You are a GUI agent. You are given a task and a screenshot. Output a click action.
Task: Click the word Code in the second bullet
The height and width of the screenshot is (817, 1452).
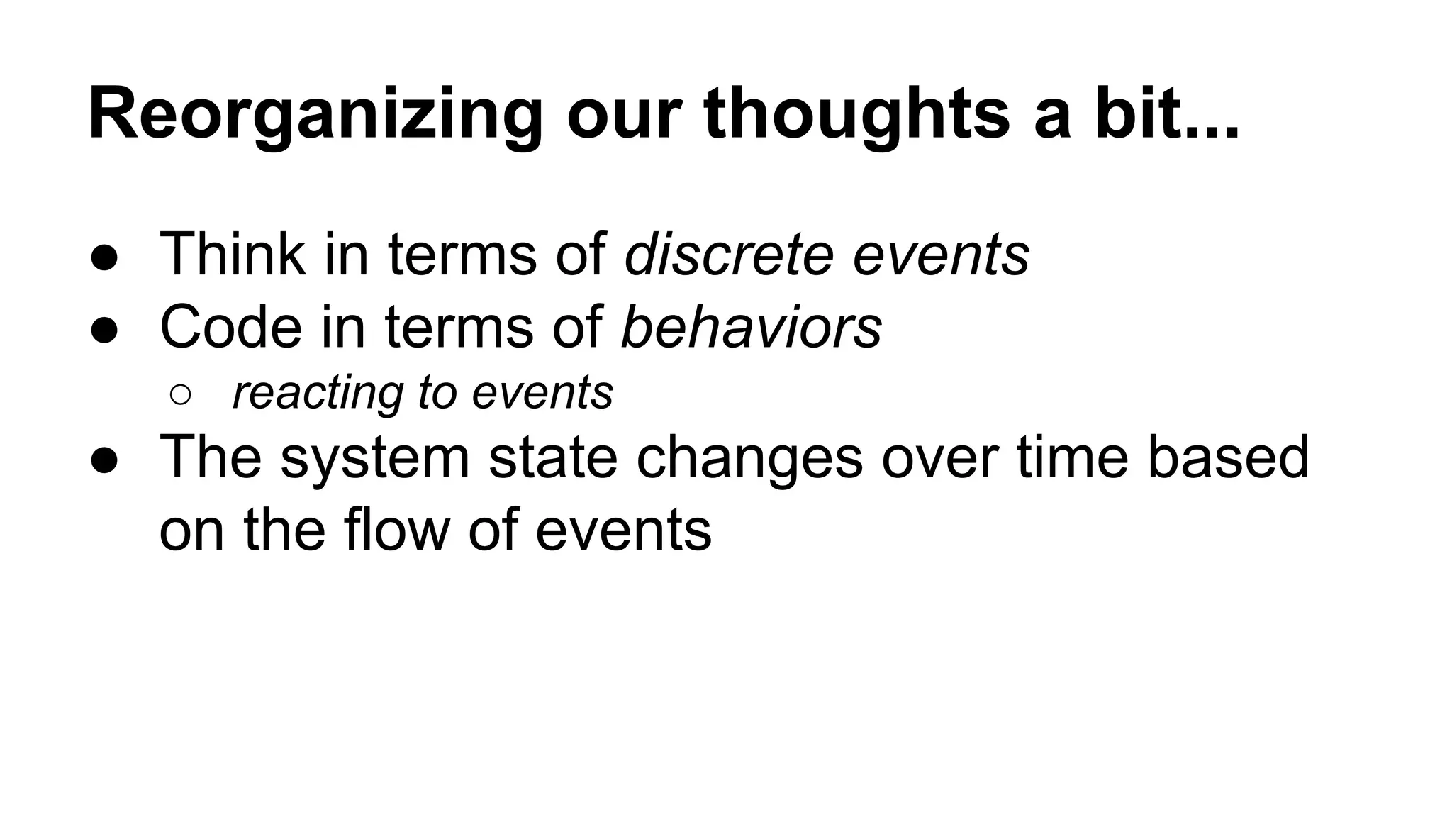230,327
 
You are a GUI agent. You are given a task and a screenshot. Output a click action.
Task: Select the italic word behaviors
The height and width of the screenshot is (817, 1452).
751,327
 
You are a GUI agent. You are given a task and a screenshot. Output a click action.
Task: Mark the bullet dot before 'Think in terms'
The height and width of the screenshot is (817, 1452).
104,259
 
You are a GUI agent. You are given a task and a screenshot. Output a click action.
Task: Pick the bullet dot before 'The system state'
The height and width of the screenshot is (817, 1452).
104,462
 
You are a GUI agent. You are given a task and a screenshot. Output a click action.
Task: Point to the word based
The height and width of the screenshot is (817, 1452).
1228,457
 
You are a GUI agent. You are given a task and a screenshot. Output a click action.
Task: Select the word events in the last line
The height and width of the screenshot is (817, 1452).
623,530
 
